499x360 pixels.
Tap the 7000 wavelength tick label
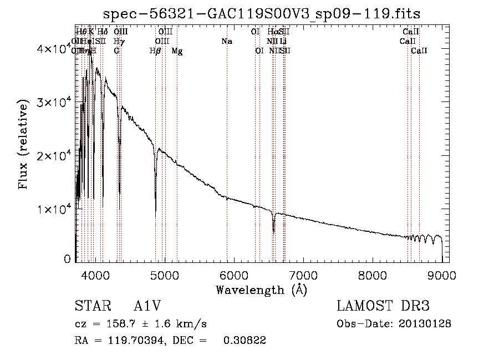303,275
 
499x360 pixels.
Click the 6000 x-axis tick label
233,275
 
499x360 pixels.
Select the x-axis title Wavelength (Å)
261,290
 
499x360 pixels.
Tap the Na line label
226,42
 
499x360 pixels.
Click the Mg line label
177,51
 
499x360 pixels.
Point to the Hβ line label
155,51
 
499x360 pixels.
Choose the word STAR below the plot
90,306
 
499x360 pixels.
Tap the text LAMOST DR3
383,306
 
